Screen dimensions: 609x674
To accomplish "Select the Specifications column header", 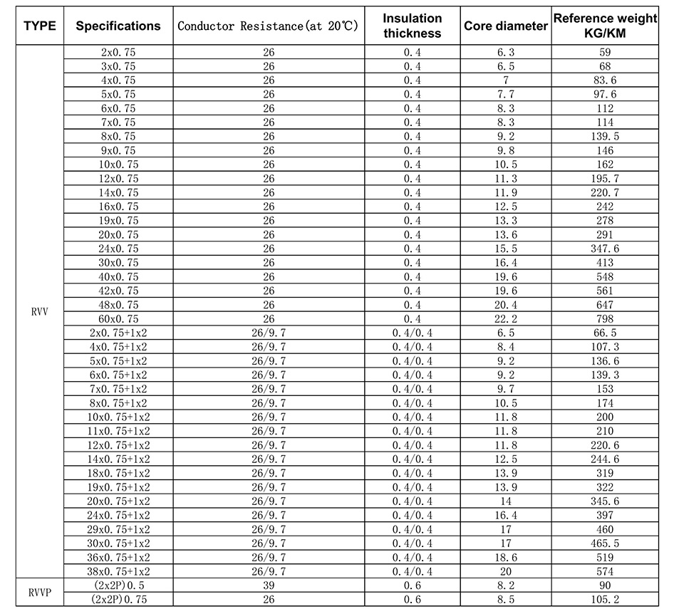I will tap(118, 26).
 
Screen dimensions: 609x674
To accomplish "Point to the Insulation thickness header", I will tap(413, 26).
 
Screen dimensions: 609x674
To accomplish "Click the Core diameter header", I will tap(506, 26).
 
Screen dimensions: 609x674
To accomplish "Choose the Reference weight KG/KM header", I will tap(605, 26).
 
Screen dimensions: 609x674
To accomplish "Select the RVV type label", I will tap(38, 311).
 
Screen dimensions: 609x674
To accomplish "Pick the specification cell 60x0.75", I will tap(118, 318).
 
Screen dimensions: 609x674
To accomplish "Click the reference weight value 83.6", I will tap(605, 80).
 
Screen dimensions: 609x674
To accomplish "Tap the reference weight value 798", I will tap(605, 318).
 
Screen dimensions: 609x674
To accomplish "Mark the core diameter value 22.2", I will tap(506, 318).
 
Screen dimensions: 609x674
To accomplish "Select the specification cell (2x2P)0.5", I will tap(118, 585).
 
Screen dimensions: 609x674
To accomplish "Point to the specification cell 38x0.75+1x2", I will tap(118, 571).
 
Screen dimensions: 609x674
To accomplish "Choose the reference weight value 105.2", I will tap(605, 599).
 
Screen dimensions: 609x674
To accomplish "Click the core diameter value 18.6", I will tap(506, 557).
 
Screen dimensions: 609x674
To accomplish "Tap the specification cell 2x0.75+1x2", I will tap(118, 333).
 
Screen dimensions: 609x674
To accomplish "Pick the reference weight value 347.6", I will tap(605, 249).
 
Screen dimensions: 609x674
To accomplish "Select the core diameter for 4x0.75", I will tap(506, 80).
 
